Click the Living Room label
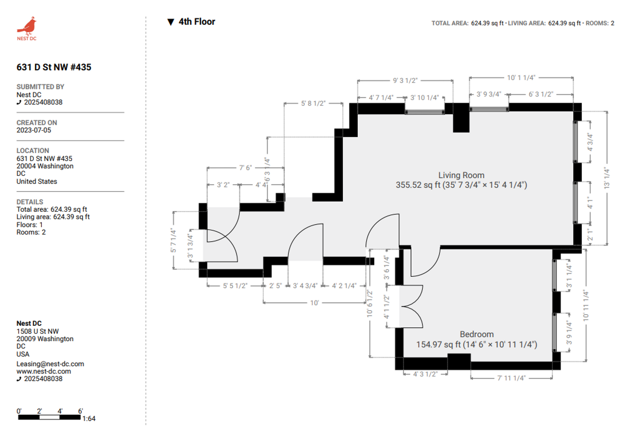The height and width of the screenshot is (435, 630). pyautogui.click(x=461, y=175)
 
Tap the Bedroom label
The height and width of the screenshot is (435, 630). pyautogui.click(x=477, y=334)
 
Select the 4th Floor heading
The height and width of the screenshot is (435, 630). pyautogui.click(x=197, y=22)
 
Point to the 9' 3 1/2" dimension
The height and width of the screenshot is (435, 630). pyautogui.click(x=405, y=81)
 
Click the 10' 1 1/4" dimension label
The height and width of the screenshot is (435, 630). pyautogui.click(x=521, y=78)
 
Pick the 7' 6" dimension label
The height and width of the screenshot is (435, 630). pyautogui.click(x=246, y=168)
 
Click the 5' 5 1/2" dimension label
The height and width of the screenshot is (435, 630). pyautogui.click(x=235, y=286)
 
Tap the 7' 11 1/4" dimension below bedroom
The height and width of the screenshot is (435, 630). pyautogui.click(x=511, y=378)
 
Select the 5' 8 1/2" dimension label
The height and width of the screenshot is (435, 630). pyautogui.click(x=313, y=104)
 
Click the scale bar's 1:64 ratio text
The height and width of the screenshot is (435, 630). pyautogui.click(x=89, y=419)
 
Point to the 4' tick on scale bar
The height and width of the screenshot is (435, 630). pyautogui.click(x=60, y=411)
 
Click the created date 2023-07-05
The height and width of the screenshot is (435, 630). pyautogui.click(x=34, y=130)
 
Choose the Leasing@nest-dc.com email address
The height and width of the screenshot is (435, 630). pyautogui.click(x=50, y=364)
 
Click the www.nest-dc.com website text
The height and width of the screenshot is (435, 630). pyautogui.click(x=44, y=371)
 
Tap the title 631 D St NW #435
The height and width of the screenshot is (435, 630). pyautogui.click(x=54, y=67)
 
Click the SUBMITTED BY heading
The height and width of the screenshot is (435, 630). pyautogui.click(x=40, y=87)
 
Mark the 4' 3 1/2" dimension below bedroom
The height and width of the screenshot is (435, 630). pyautogui.click(x=425, y=374)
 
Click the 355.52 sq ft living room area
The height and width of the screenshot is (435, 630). pyautogui.click(x=418, y=185)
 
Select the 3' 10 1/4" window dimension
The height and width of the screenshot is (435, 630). pyautogui.click(x=425, y=98)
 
